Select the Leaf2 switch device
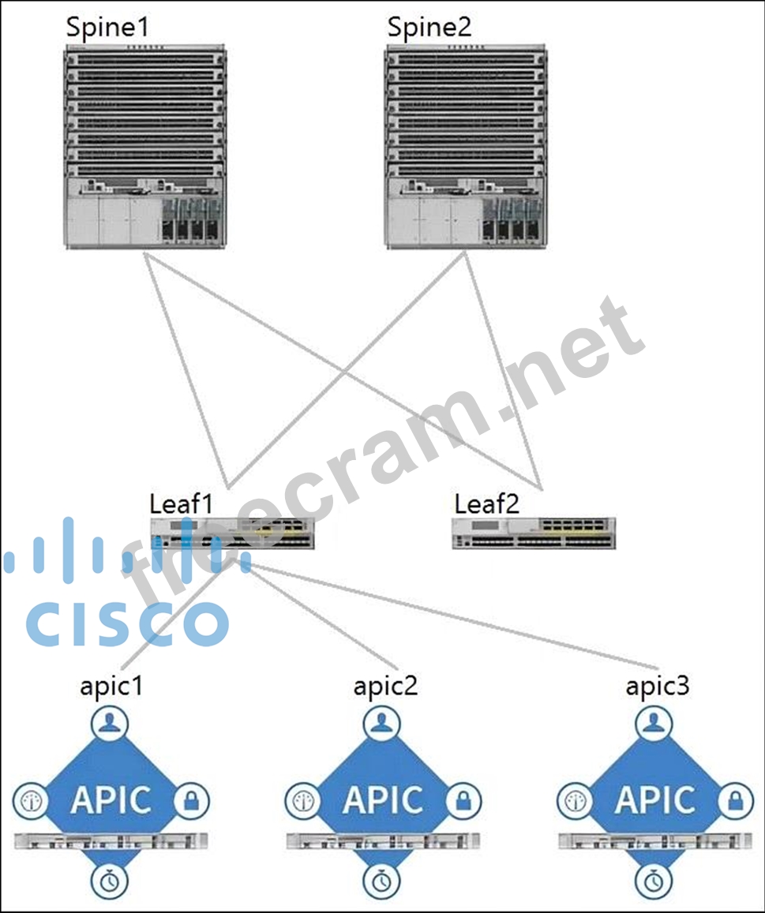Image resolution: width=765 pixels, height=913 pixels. (x=534, y=533)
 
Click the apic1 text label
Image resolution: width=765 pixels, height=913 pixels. (x=111, y=686)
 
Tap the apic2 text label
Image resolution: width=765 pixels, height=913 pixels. (x=384, y=686)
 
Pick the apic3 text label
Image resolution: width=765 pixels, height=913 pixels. (x=657, y=686)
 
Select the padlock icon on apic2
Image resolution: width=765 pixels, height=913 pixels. (x=463, y=801)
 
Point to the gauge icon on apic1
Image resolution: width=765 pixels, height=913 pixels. (x=30, y=801)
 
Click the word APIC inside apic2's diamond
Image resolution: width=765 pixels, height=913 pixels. (x=383, y=800)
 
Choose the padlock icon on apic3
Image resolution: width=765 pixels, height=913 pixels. (x=735, y=801)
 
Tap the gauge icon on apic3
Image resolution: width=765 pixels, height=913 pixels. (x=575, y=801)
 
